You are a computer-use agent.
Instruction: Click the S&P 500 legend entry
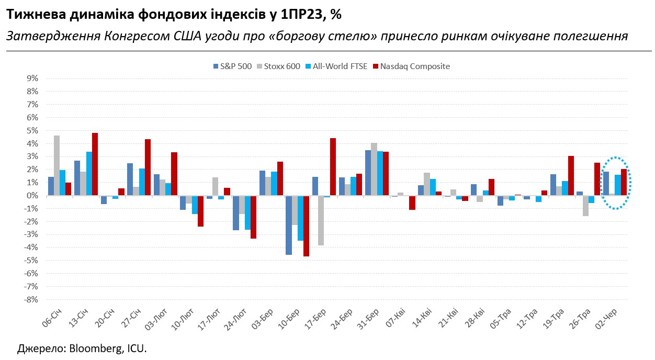pyautogui.click(x=232, y=66)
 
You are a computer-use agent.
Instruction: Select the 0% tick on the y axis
pyautogui.click(x=32, y=196)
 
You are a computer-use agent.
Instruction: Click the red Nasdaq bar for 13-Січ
pyautogui.click(x=95, y=164)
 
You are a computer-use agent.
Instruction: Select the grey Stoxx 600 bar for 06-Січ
pyautogui.click(x=57, y=165)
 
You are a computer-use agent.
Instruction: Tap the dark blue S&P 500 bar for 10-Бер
pyautogui.click(x=289, y=225)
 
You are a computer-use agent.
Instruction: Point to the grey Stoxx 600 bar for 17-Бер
pyautogui.click(x=321, y=220)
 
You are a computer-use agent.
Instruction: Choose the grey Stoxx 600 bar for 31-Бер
pyautogui.click(x=374, y=169)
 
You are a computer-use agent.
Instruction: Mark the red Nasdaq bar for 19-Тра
pyautogui.click(x=571, y=176)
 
